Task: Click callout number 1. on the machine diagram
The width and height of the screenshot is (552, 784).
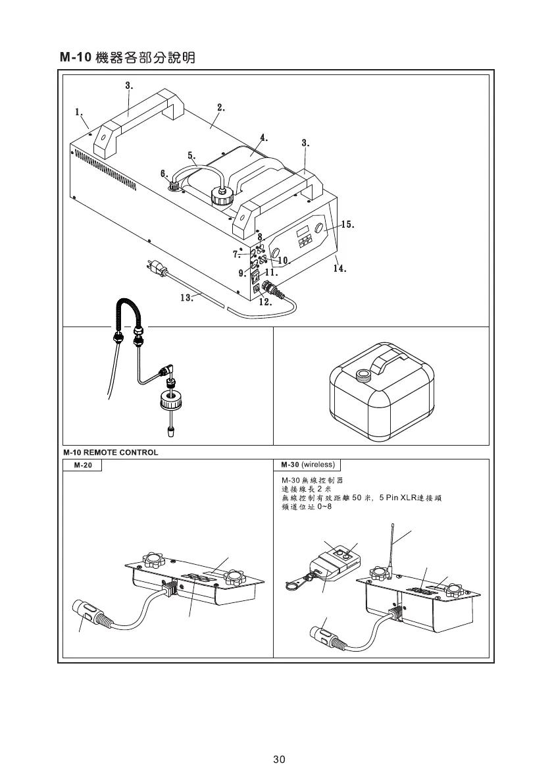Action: click(x=78, y=111)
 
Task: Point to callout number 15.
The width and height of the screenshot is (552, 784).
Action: click(x=348, y=225)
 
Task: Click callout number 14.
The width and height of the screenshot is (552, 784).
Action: click(x=339, y=268)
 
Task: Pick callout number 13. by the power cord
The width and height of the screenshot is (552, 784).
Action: click(x=186, y=298)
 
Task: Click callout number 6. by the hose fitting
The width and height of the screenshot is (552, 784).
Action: click(x=164, y=172)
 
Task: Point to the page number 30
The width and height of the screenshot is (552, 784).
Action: click(x=279, y=759)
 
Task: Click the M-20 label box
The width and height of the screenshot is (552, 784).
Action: click(x=83, y=466)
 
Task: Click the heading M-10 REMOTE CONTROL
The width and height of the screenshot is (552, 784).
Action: click(x=111, y=453)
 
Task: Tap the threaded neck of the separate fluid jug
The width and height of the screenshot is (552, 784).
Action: click(x=363, y=377)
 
